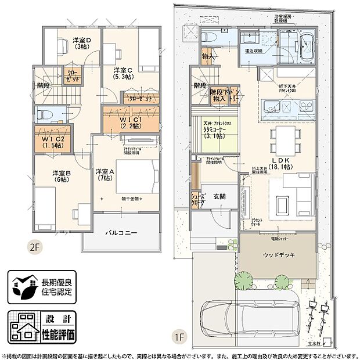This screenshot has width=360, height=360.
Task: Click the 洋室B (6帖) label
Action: [62, 176]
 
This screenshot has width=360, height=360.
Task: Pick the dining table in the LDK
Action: [285, 138]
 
